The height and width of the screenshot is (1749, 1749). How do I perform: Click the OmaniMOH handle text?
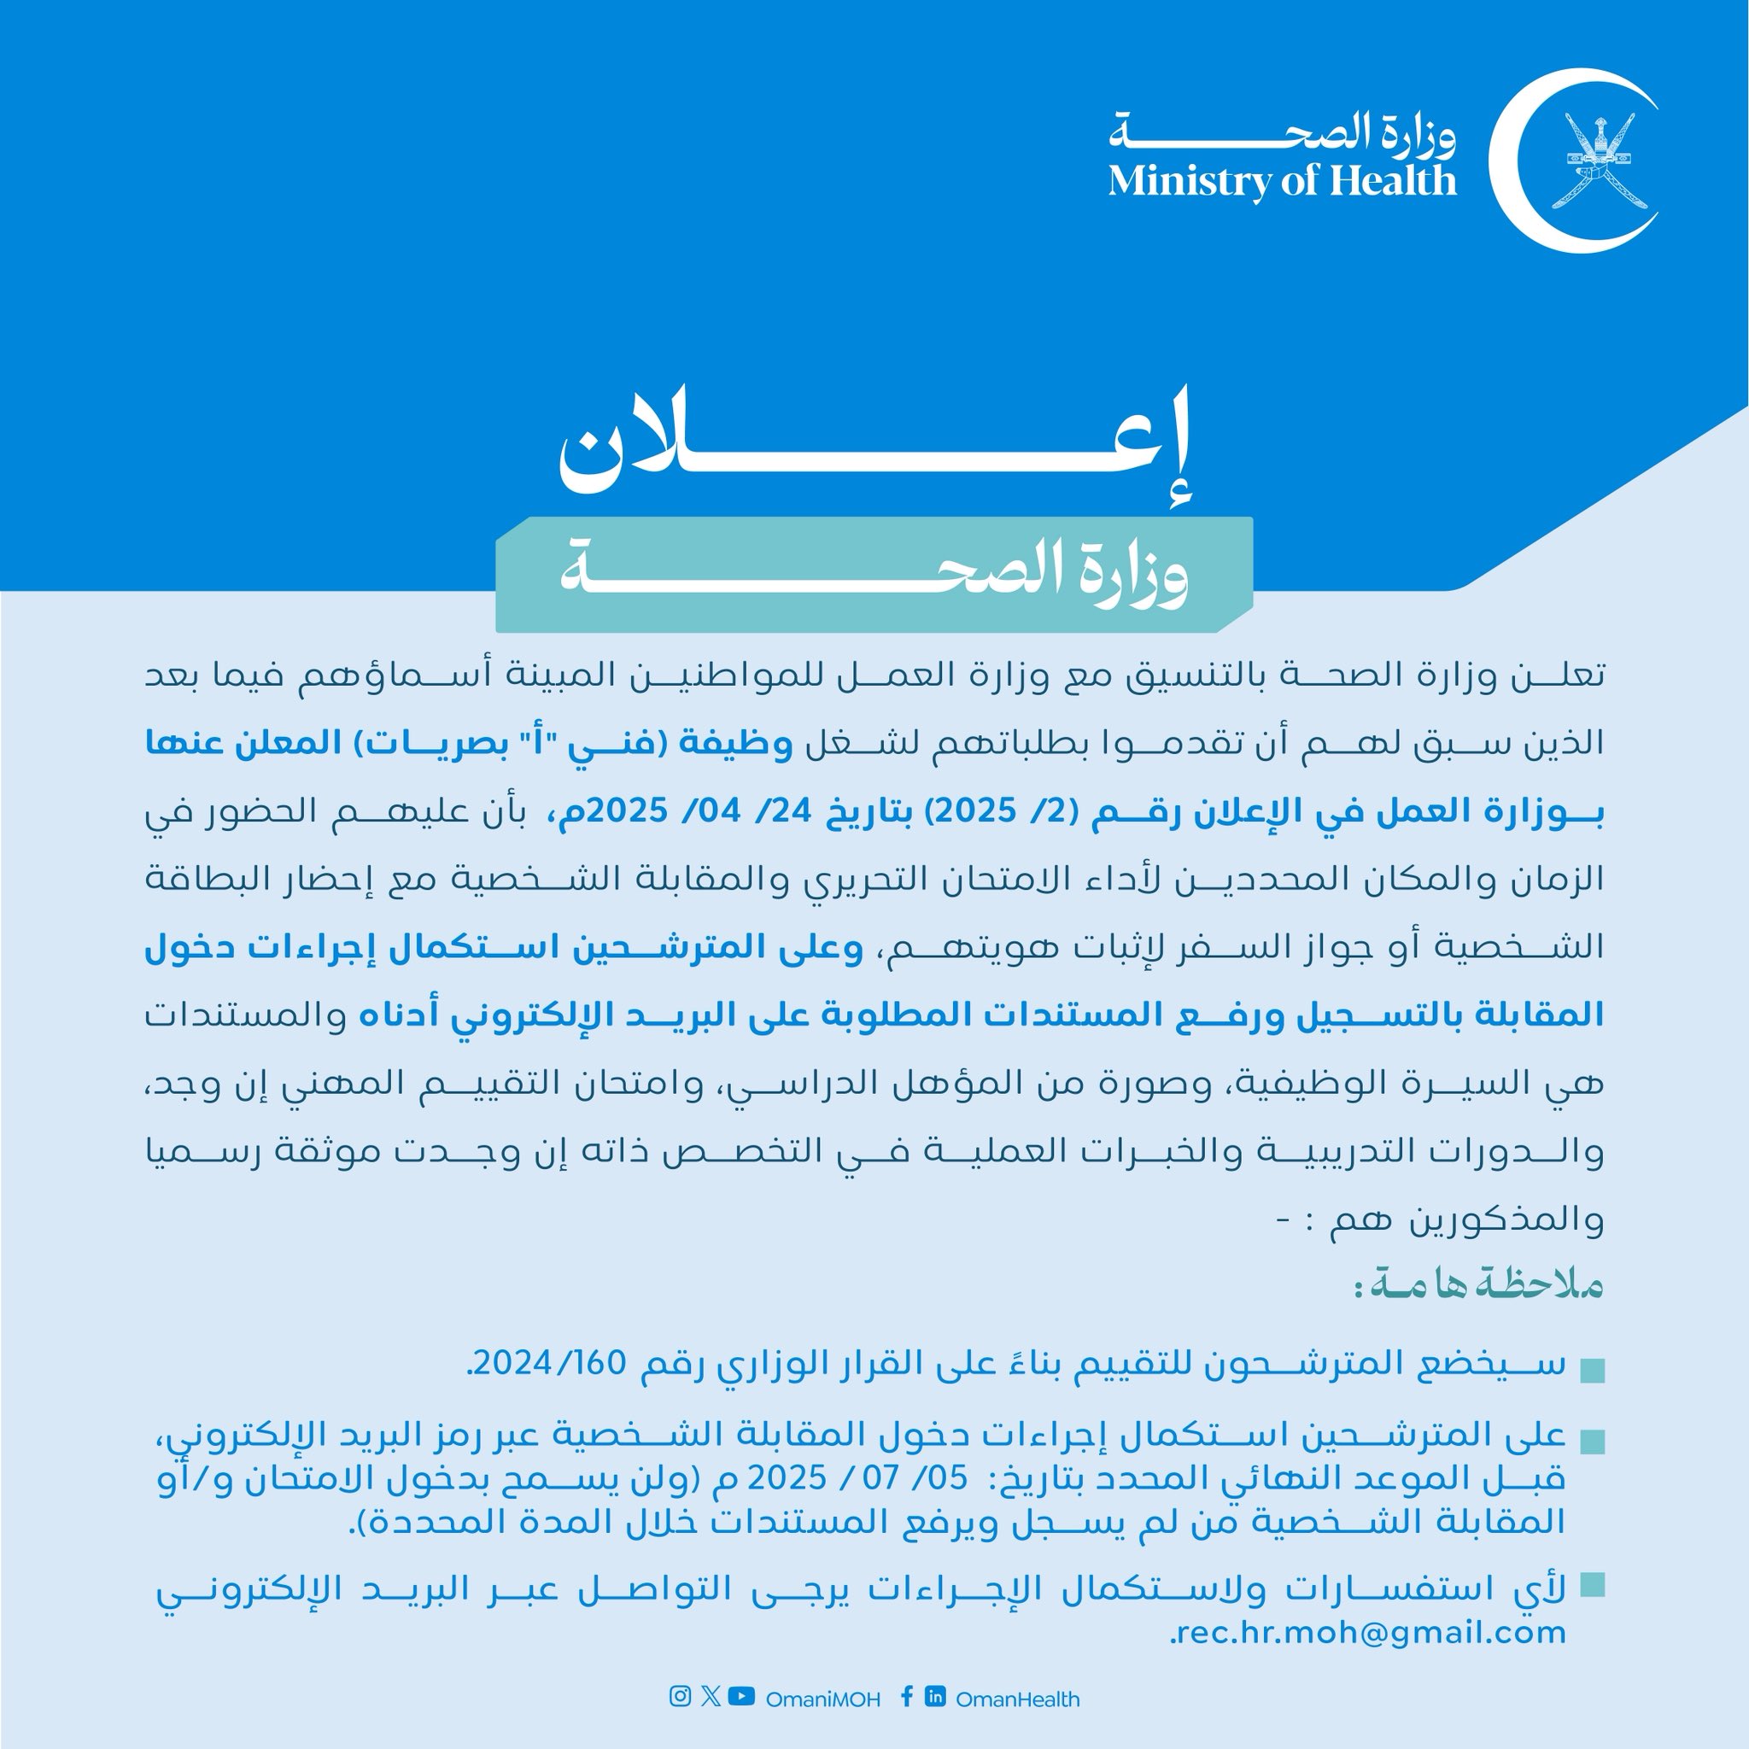click(823, 1699)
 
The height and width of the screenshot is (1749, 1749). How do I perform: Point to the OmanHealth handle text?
click(1017, 1699)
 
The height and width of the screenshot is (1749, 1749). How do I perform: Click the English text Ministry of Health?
click(1282, 181)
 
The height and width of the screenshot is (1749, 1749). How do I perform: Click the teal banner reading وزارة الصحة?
click(874, 575)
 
